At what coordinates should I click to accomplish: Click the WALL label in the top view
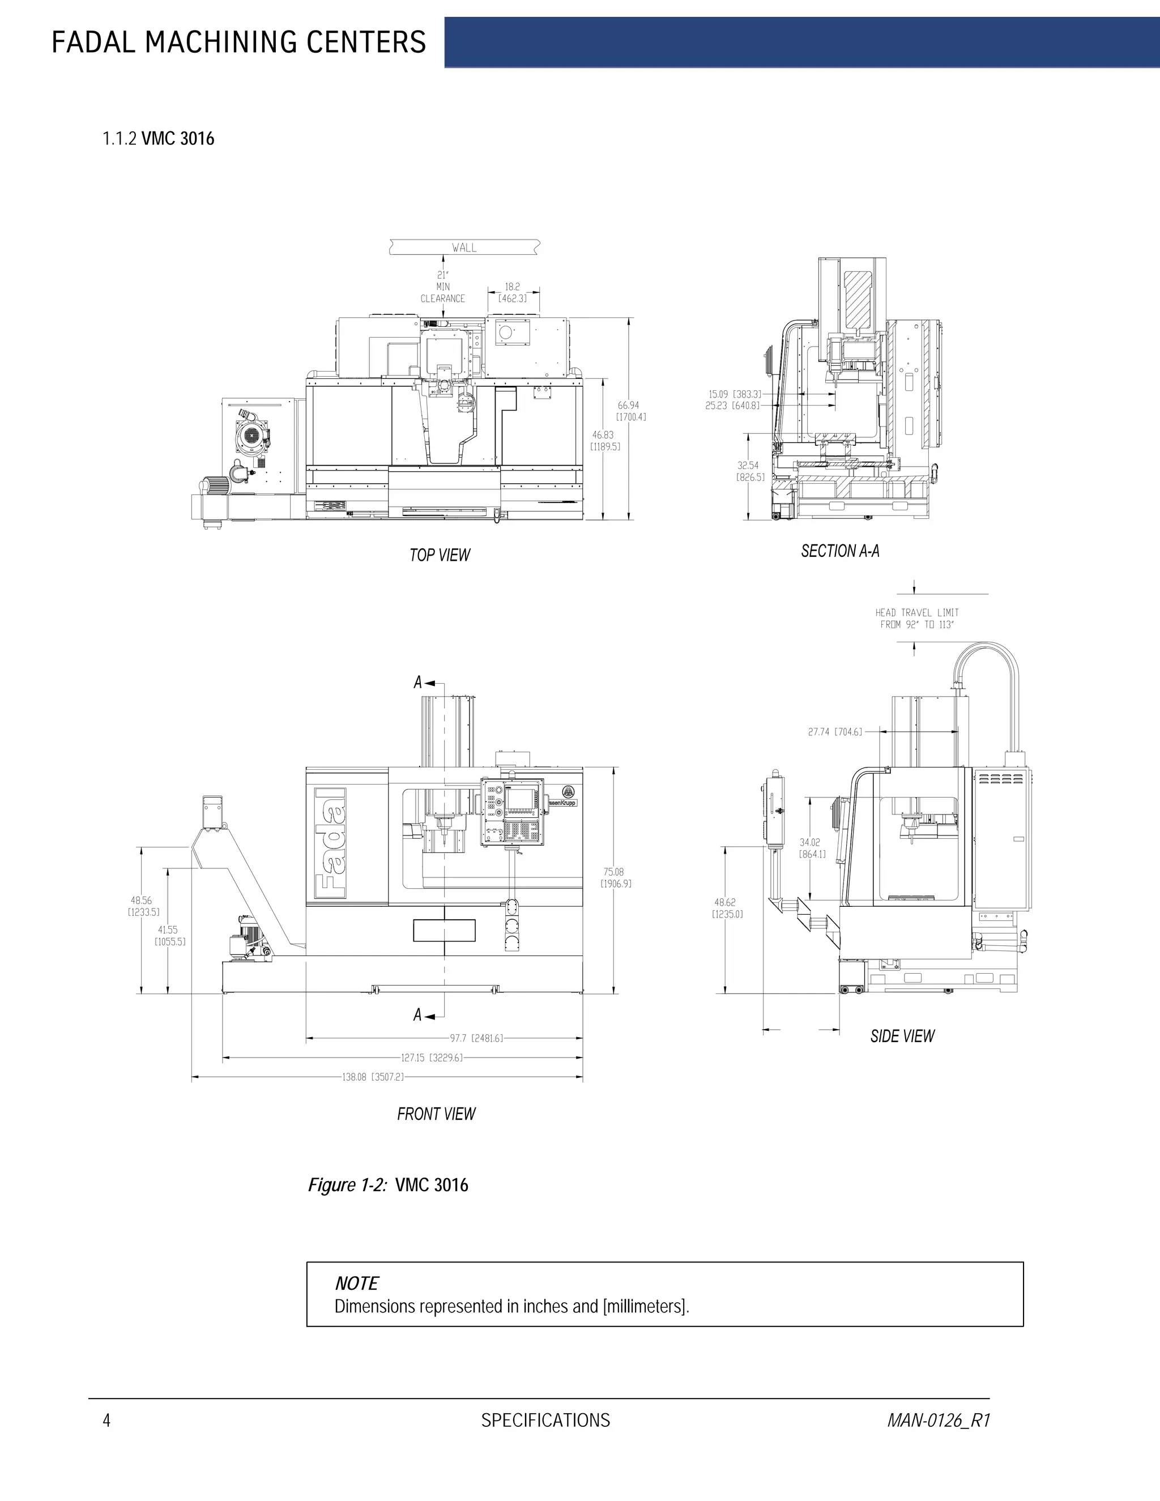(464, 248)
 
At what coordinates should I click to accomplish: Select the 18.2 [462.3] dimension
(513, 293)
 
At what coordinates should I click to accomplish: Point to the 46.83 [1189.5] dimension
(605, 441)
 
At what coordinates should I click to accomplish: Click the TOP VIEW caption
(440, 555)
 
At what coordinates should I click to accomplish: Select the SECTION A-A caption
(840, 551)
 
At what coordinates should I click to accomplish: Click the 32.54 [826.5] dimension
(750, 471)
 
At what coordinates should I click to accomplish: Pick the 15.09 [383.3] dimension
(735, 394)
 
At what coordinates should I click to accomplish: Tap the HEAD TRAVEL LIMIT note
(917, 619)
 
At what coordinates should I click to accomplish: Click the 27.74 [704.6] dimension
(835, 732)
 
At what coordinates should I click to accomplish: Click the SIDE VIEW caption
(902, 1036)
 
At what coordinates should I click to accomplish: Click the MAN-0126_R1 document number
(938, 1420)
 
